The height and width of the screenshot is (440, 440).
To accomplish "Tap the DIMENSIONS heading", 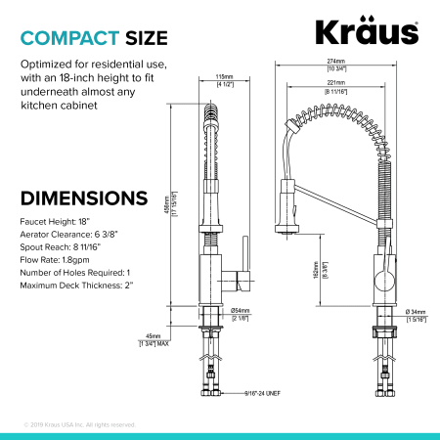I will click(x=84, y=198).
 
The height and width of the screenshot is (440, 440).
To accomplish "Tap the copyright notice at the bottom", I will click(x=79, y=424).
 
